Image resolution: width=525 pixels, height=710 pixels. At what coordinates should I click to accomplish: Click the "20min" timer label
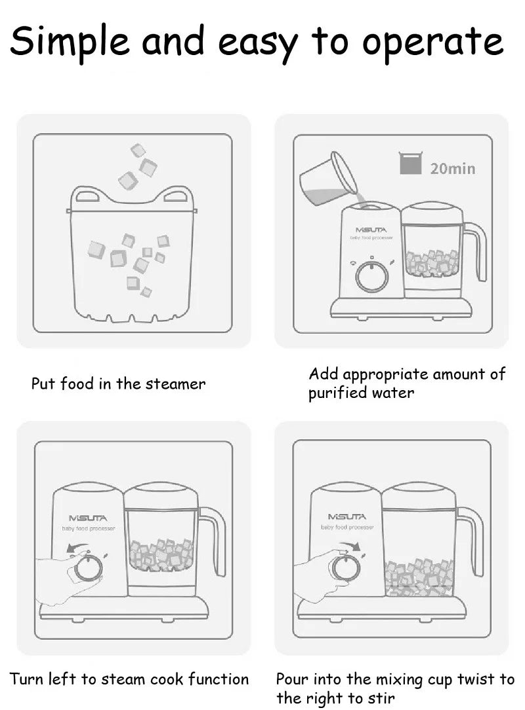tap(453, 168)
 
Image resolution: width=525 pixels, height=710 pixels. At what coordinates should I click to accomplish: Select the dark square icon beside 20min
tap(410, 163)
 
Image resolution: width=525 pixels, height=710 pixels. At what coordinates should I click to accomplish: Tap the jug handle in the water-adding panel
tap(474, 250)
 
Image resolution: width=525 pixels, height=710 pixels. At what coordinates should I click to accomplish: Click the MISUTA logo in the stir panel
tap(346, 517)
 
